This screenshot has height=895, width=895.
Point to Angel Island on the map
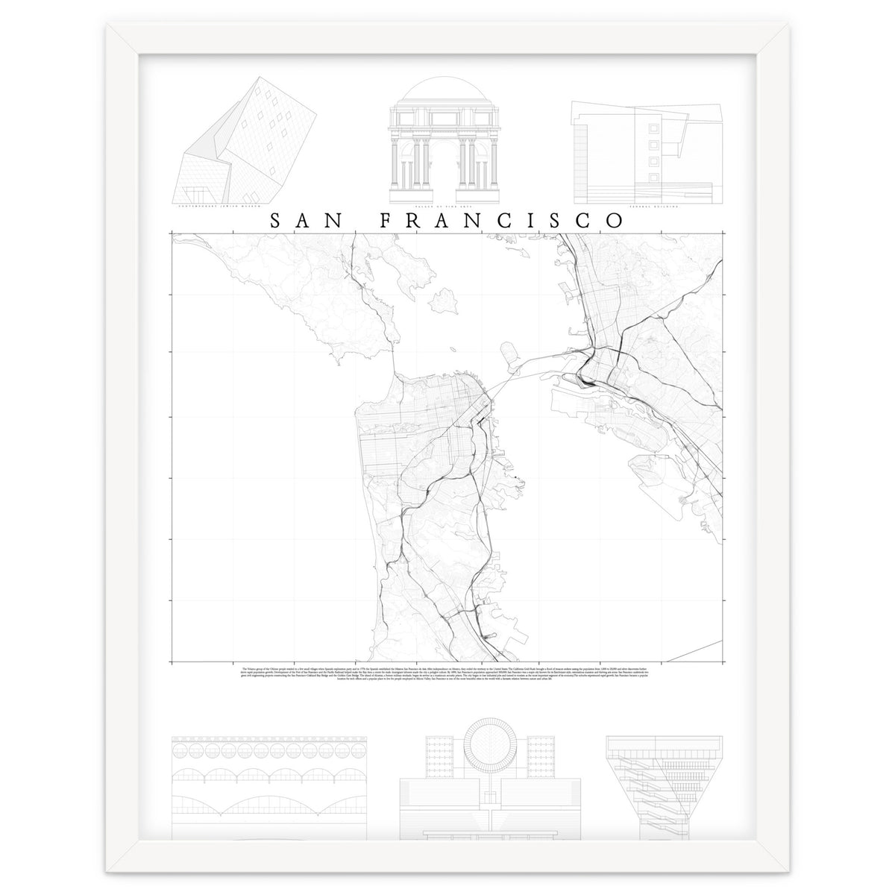[x=445, y=301]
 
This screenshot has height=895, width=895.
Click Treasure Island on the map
[x=512, y=358]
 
